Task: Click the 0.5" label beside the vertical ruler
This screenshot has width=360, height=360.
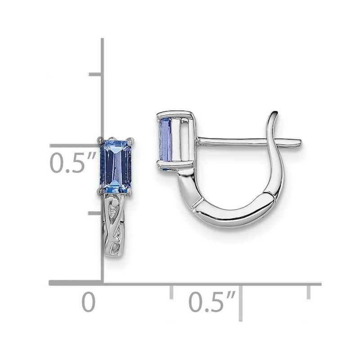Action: click(73, 163)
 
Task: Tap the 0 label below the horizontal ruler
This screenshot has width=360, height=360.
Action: click(89, 302)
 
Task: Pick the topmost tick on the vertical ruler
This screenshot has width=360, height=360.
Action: click(95, 74)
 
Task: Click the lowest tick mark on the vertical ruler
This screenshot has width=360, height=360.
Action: click(95, 212)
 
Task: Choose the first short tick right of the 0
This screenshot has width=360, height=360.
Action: click(171, 292)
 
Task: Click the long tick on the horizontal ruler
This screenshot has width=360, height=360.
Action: click(241, 301)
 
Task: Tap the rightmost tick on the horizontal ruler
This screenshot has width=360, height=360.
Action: click(308, 292)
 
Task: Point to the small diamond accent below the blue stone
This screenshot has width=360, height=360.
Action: click(116, 204)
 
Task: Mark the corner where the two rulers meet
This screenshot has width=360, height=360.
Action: click(103, 283)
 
